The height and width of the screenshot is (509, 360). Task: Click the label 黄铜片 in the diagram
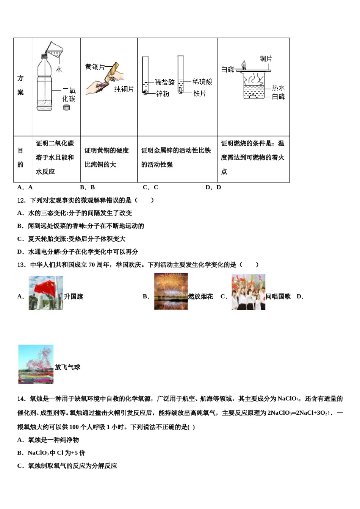click(94, 67)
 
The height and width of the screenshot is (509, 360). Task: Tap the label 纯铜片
click(124, 89)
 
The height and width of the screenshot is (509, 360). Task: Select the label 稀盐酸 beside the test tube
click(165, 82)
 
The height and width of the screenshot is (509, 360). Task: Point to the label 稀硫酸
click(202, 81)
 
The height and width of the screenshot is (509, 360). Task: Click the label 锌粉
click(163, 94)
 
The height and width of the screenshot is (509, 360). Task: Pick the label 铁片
click(199, 93)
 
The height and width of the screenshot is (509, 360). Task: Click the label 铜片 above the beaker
click(266, 59)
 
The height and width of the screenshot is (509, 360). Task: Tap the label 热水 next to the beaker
click(278, 88)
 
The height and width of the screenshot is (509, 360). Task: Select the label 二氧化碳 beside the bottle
click(69, 95)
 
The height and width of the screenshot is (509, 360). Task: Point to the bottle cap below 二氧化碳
click(67, 108)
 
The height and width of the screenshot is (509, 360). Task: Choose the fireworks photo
click(171, 292)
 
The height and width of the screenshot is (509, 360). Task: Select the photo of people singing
click(248, 292)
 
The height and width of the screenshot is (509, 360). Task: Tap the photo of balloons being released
click(36, 364)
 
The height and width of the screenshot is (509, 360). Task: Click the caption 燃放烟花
click(200, 297)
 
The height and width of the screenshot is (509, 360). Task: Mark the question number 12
click(21, 200)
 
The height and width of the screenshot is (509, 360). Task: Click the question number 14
click(21, 398)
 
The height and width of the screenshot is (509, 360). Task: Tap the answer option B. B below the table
click(88, 187)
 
